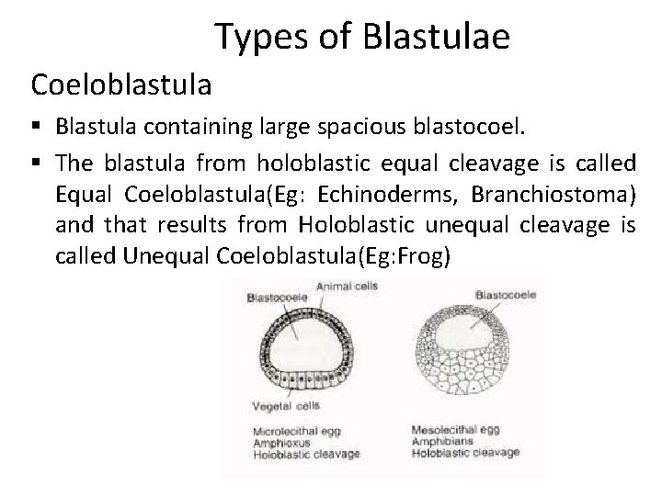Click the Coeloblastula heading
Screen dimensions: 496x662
121,85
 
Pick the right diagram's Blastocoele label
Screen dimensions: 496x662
506,295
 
